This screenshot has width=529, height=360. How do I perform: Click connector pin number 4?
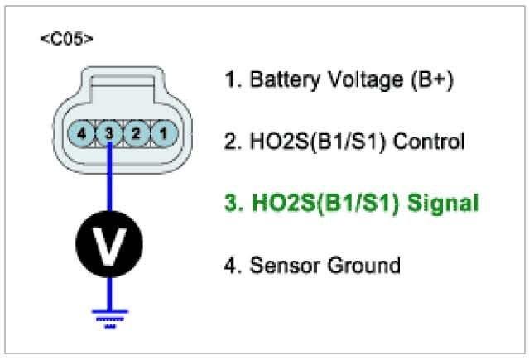[x=81, y=132]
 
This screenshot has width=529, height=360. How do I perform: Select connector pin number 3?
[x=108, y=132]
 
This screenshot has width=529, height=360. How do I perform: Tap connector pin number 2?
[x=136, y=132]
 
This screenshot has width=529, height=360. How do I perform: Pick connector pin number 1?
[x=163, y=132]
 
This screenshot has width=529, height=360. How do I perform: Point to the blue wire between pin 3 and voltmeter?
[x=110, y=178]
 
